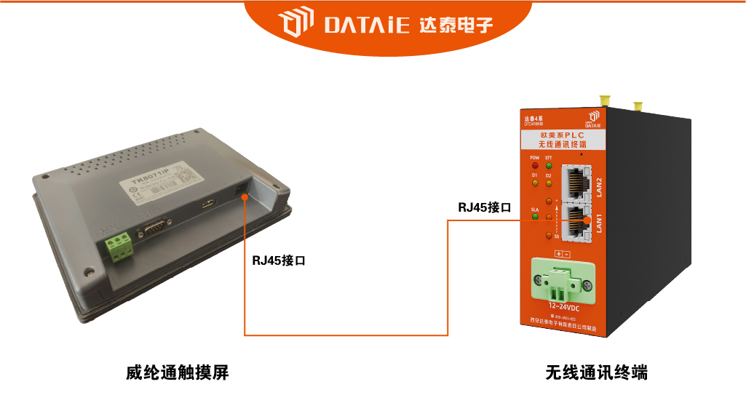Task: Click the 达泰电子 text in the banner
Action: pos(456,26)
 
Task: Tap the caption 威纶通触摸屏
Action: pos(178,372)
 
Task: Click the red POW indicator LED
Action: pos(534,165)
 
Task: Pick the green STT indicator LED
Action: pos(549,165)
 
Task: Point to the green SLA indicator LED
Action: pos(534,215)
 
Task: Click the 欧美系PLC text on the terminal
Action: pos(562,135)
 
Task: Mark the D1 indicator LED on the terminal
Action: pos(534,182)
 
